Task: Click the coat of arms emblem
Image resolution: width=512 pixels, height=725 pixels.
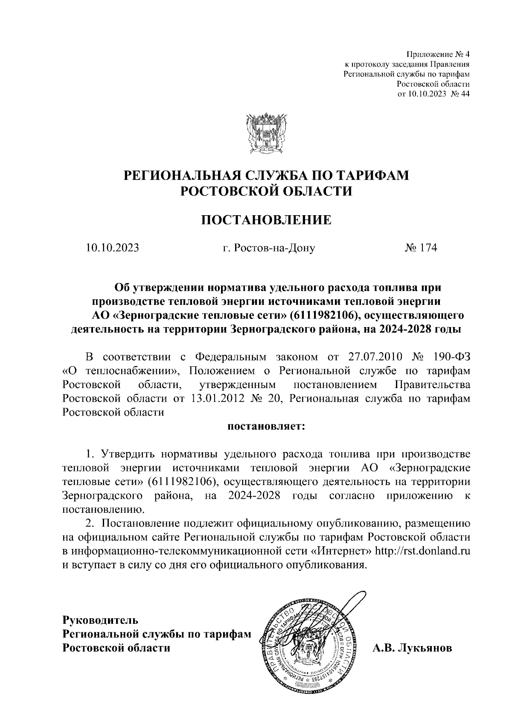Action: pyautogui.click(x=266, y=134)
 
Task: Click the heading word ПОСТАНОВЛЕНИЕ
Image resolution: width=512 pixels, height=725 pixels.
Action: pyautogui.click(x=266, y=220)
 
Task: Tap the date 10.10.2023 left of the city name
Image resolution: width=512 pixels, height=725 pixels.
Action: pyautogui.click(x=112, y=248)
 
